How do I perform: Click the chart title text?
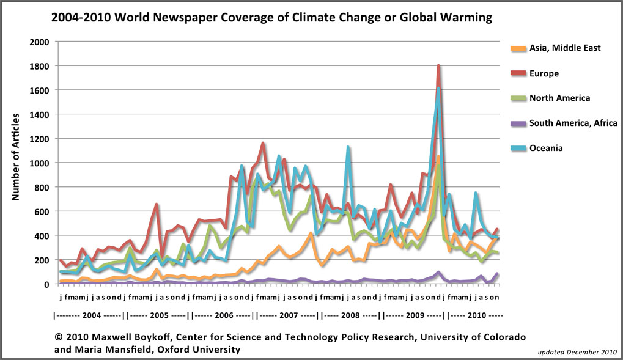271,18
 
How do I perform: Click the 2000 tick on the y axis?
39,42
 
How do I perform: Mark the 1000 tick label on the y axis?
39,163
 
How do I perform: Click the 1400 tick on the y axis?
39,114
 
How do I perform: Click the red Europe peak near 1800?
439,66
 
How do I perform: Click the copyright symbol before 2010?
59,337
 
